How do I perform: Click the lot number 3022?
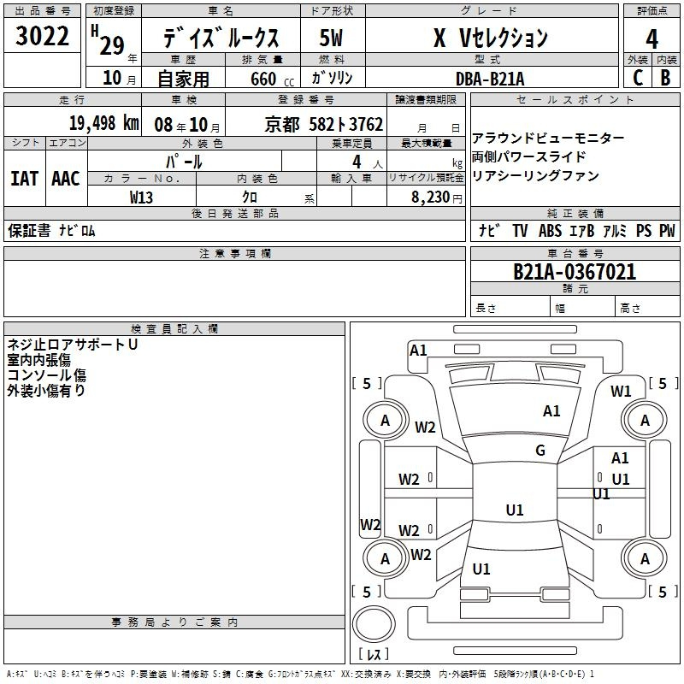(42, 36)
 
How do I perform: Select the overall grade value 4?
(652, 39)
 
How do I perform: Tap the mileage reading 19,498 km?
(104, 123)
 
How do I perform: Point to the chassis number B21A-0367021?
(575, 272)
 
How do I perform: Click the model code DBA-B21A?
(490, 79)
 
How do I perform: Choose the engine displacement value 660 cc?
(272, 80)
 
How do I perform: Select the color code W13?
(141, 198)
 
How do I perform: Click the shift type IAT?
(24, 179)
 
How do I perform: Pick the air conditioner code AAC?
(66, 179)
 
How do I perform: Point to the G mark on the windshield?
(540, 451)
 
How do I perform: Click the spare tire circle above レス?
(374, 624)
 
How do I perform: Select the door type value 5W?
(331, 38)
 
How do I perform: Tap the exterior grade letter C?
(638, 78)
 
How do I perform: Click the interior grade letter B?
(665, 78)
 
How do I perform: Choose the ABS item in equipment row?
(550, 231)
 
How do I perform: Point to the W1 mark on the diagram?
(621, 392)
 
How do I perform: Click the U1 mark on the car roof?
(515, 510)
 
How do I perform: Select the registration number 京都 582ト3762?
(324, 125)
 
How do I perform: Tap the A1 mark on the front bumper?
(418, 351)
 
